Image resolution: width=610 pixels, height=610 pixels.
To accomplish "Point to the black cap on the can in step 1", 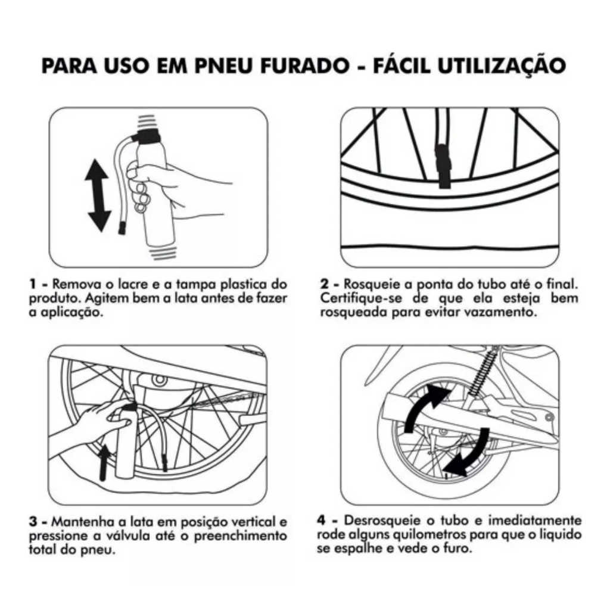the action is click(148, 138).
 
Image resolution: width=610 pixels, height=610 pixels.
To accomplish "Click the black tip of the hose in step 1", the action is click(123, 228).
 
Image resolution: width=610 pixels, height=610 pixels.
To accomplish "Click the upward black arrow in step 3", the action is click(104, 463).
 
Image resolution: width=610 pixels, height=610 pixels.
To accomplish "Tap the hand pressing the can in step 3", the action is click(99, 419).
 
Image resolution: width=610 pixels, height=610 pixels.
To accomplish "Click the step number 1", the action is click(33, 284).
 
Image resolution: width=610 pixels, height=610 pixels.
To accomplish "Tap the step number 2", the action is click(325, 284).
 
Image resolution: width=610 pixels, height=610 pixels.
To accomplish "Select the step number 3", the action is click(33, 522).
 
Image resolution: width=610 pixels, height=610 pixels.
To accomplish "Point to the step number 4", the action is click(321, 520).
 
